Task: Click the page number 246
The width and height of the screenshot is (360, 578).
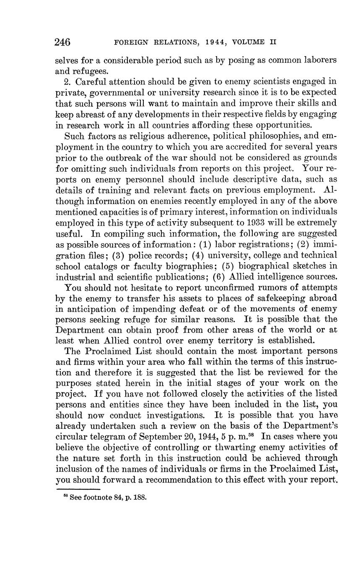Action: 62,42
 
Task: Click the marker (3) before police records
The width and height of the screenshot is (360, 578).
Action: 119,255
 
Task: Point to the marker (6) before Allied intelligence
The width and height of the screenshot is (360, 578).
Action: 220,277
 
